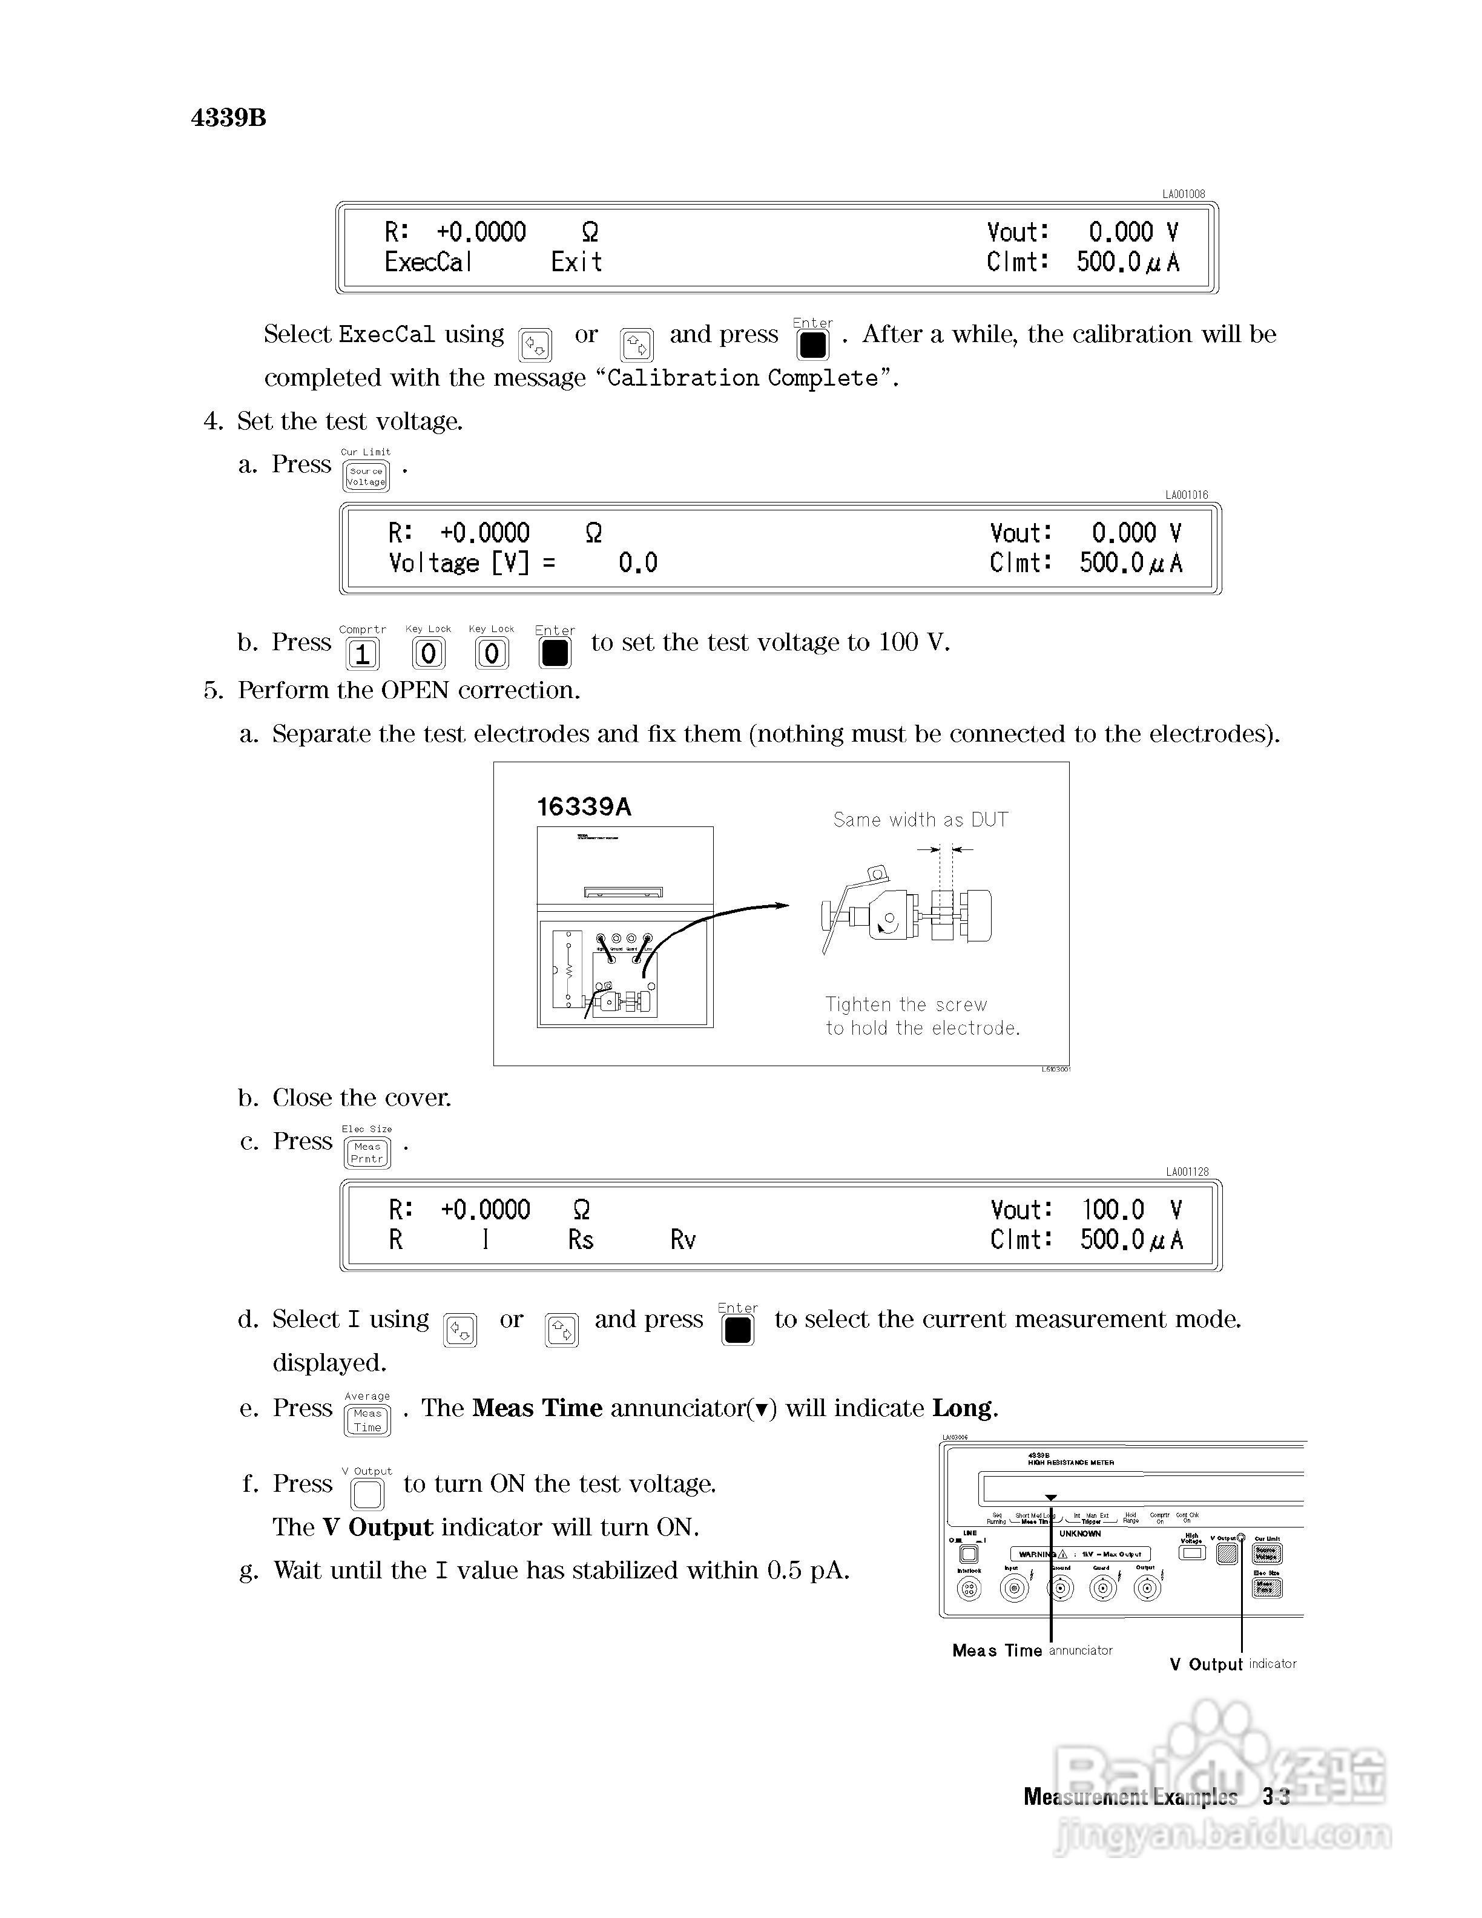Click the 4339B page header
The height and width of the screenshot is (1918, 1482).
point(228,117)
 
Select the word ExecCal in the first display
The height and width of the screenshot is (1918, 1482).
point(429,262)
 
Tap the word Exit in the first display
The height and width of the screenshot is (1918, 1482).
point(576,262)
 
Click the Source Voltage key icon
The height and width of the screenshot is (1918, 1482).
point(366,476)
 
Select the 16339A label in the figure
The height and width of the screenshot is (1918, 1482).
point(584,807)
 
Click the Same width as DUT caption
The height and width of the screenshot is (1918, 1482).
point(920,819)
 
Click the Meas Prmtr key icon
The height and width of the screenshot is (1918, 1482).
point(367,1152)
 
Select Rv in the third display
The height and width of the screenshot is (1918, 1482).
point(682,1239)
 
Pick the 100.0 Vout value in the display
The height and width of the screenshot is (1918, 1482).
point(1112,1210)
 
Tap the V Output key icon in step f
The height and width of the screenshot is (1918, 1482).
point(367,1494)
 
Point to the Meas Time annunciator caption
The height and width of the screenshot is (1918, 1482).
point(1032,1650)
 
